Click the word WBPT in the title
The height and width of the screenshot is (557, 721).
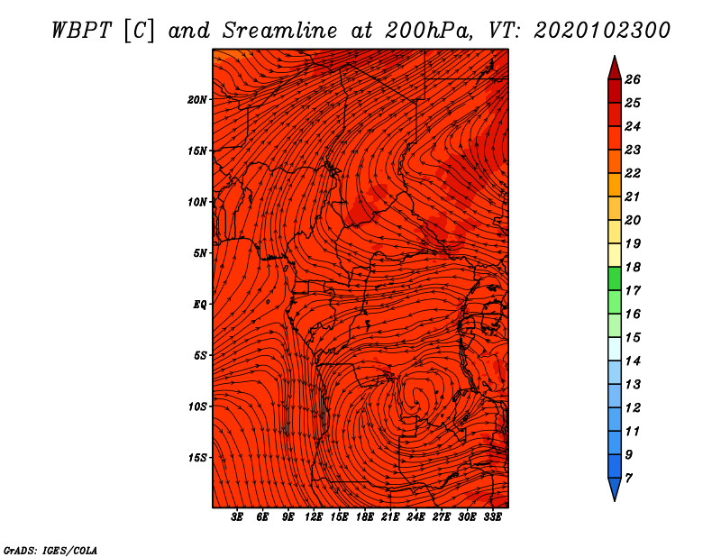coord(81,31)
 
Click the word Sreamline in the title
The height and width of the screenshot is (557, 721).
coord(280,31)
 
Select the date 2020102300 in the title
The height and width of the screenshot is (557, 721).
coord(602,31)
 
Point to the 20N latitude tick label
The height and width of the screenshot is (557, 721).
coord(196,99)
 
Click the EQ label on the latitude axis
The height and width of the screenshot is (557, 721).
coord(200,305)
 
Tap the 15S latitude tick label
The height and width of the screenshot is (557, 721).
coord(196,458)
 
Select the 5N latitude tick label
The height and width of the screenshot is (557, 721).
coord(200,253)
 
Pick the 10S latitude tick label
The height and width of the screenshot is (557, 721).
coord(196,406)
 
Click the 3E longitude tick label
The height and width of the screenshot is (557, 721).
coord(237,517)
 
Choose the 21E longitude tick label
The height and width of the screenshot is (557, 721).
coord(390,517)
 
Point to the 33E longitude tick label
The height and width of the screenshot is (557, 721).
coord(492,517)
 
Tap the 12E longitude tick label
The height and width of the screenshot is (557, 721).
coord(313,517)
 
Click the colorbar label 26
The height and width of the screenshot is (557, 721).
coord(633,79)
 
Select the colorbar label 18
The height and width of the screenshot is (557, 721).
coord(633,267)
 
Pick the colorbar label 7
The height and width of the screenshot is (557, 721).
coord(628,479)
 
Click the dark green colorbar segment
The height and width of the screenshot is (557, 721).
coord(615,278)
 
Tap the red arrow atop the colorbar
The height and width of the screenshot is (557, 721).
coord(615,68)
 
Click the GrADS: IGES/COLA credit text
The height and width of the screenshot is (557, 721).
coord(50,550)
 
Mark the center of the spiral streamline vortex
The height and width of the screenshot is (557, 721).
coord(417,396)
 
